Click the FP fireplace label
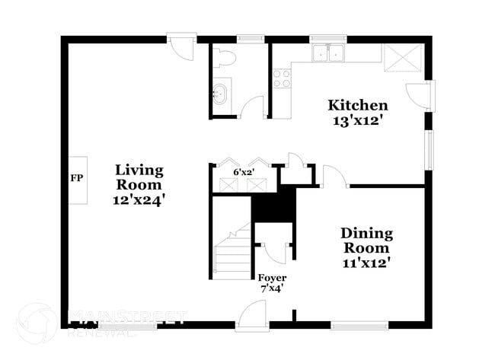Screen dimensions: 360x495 [x=76, y=179]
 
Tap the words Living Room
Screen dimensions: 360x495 [x=139, y=177]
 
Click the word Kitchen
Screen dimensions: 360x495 [x=357, y=105]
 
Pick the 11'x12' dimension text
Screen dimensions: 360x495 [x=366, y=263]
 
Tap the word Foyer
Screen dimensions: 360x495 [x=272, y=277]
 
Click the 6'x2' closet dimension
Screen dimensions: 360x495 [x=243, y=172]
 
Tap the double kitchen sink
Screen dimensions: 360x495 [x=329, y=53]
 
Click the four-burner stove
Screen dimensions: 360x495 [x=281, y=78]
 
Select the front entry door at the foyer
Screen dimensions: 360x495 [x=251, y=316]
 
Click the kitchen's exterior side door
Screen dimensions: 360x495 [x=420, y=95]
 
